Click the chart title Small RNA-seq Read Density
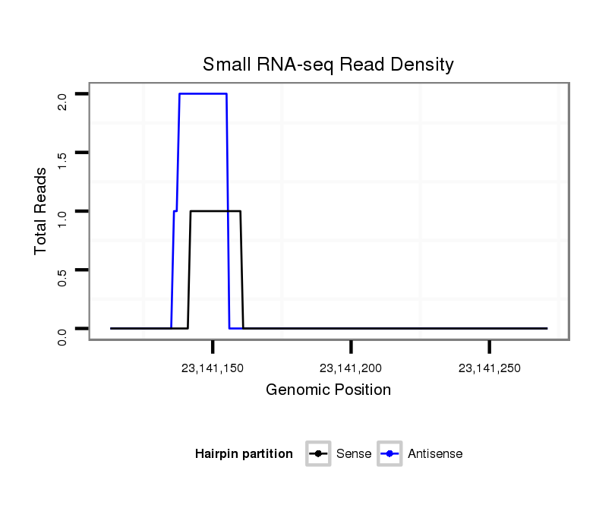(328, 65)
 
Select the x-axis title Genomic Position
(328, 390)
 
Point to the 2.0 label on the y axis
(63, 101)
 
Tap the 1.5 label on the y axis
(63, 159)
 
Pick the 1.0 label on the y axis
(63, 218)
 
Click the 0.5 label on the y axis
(63, 276)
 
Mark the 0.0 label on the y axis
(63, 335)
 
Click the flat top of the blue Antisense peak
(203, 93)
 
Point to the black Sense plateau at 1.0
(215, 211)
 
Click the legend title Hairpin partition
(244, 454)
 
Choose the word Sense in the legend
(354, 454)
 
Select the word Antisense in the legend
(435, 454)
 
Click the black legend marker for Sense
(319, 454)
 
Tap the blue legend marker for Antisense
(389, 454)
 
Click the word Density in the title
(421, 65)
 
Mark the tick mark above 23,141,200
(351, 347)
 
